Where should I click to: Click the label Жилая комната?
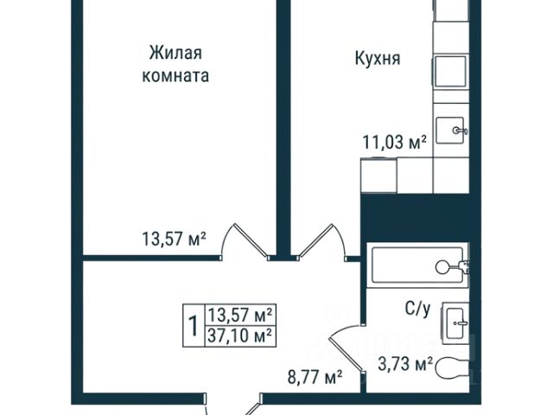click(175, 64)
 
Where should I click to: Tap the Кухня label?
click(378, 59)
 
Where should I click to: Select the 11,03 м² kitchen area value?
click(395, 142)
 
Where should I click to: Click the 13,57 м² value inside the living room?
click(174, 239)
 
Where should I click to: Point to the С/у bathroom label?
click(417, 310)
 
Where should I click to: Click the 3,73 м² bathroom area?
click(405, 364)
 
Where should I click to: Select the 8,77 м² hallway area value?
click(315, 377)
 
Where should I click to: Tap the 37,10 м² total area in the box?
click(240, 335)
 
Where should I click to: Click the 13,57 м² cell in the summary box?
click(240, 315)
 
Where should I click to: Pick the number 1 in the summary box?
click(193, 325)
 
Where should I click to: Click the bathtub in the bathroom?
click(417, 265)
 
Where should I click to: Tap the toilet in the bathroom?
click(452, 368)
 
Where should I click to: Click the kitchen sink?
click(450, 131)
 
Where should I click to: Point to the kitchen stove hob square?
click(450, 72)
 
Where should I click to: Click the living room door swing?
click(245, 240)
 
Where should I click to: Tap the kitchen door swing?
click(321, 240)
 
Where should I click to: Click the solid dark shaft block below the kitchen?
click(416, 218)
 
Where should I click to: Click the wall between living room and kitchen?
click(283, 128)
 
